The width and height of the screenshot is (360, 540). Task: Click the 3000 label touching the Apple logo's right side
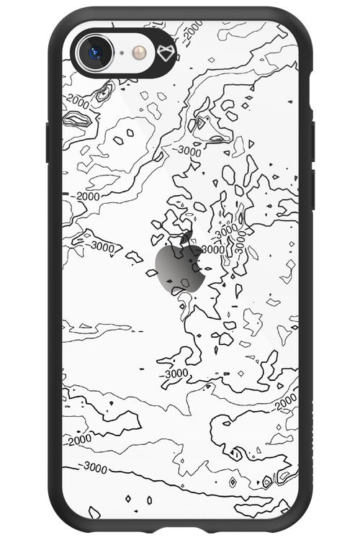coord(213,249)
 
